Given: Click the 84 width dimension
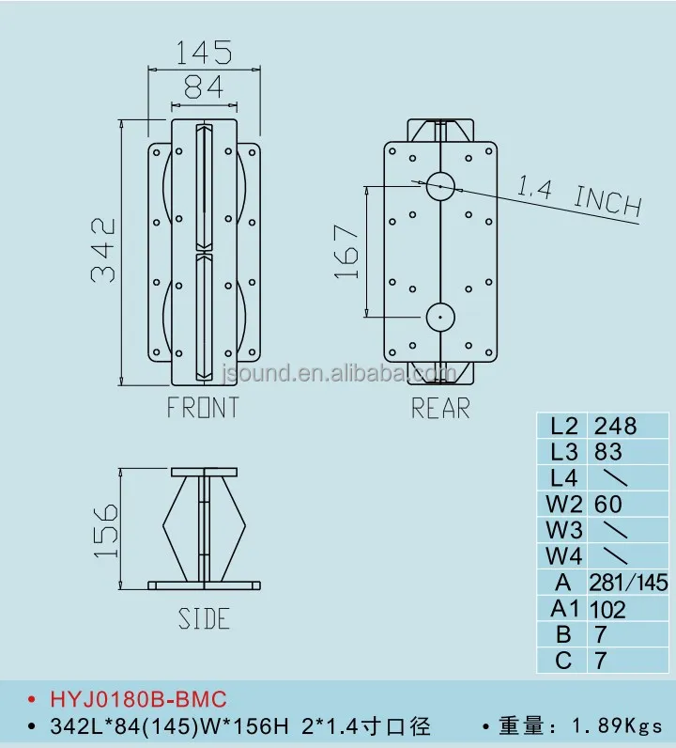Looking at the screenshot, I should click(x=203, y=86).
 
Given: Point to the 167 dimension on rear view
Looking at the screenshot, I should click(x=346, y=251).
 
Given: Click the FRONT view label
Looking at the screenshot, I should click(x=203, y=408).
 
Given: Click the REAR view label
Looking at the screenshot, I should click(x=440, y=409).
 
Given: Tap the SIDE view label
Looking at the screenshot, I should click(x=204, y=619).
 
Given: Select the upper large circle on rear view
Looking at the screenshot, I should click(x=439, y=186).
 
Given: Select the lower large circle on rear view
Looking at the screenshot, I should click(x=439, y=317).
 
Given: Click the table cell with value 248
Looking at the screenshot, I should click(x=616, y=426).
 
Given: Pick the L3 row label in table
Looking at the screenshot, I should click(x=563, y=452).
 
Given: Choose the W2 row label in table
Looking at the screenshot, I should click(x=563, y=505).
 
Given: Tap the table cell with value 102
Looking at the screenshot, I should click(x=609, y=609).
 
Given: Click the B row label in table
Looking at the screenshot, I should click(x=563, y=635).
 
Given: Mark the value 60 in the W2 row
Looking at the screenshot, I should click(x=608, y=505).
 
